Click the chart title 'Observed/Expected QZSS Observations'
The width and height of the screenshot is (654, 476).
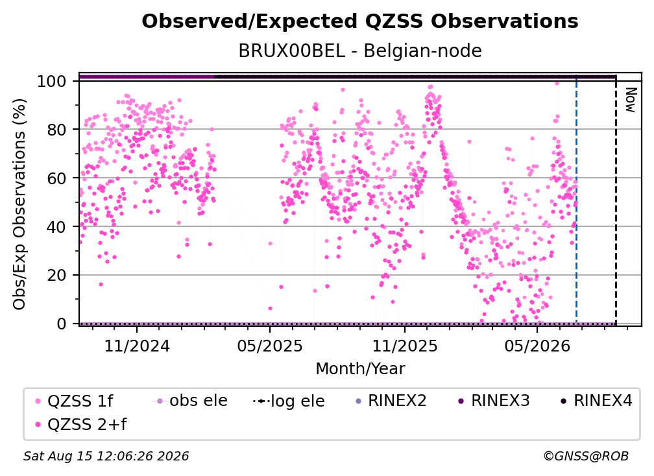pos(360,21)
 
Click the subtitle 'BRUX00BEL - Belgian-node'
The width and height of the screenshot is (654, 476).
pos(360,51)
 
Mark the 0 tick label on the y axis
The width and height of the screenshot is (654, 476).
pos(62,324)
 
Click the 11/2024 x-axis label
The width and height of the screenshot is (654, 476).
pos(137,346)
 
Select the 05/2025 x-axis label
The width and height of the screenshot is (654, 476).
pos(270,346)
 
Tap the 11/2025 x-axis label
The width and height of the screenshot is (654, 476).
pos(405,346)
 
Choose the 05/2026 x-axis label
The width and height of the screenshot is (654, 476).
pos(537,346)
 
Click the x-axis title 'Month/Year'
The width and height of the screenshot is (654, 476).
pos(360,369)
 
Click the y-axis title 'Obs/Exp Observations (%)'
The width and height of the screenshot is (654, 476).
pos(19,204)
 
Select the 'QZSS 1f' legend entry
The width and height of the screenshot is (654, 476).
pos(74,401)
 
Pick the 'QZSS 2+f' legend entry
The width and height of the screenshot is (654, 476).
pos(80,425)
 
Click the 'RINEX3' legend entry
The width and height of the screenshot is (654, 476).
pos(494,401)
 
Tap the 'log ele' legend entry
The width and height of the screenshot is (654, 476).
pos(289,401)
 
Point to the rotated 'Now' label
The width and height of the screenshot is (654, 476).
pos(631,100)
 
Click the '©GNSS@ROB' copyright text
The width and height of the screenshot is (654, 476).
pos(586,457)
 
